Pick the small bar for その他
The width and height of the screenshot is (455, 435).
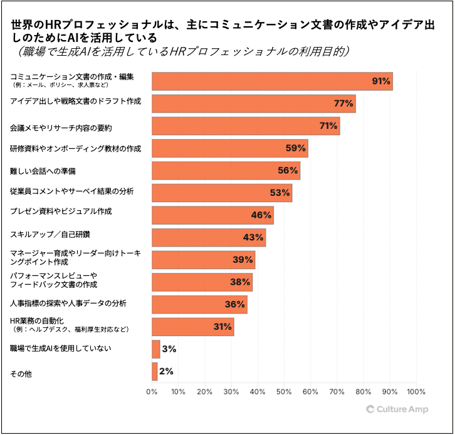point(155,371)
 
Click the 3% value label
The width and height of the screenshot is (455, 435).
point(169,349)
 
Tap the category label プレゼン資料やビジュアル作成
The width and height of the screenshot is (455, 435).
point(61,212)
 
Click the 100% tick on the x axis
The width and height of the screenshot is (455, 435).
point(416,392)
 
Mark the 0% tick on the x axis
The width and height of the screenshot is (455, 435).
point(152,392)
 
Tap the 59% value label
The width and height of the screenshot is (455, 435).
point(296,148)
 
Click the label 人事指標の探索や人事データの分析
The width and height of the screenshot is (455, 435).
point(68,304)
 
